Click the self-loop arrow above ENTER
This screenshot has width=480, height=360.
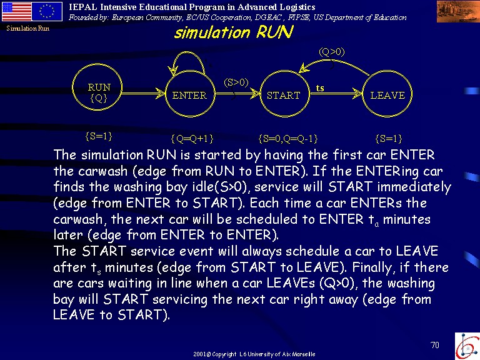pos(188,52)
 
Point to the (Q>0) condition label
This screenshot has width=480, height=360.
pos(332,52)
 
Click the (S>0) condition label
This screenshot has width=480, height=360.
pos(236,82)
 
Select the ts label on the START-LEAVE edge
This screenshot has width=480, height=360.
pos(320,89)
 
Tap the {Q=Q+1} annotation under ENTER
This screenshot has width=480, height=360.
pos(192,139)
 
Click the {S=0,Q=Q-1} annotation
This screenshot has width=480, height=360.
pos(288,139)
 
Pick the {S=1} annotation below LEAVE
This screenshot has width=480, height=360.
pos(389,139)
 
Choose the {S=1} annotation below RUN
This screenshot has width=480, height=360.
pos(99,136)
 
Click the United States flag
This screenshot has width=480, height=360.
pos(16,12)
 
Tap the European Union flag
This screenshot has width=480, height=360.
pos(47,12)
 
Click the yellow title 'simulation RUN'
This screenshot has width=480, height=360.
pos(234,32)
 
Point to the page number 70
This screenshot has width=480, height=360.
pos(435,345)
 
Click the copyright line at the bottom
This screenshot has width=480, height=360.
pos(254,354)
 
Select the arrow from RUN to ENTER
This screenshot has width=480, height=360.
pos(144,92)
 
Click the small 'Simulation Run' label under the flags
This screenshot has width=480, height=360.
pos(28,29)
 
